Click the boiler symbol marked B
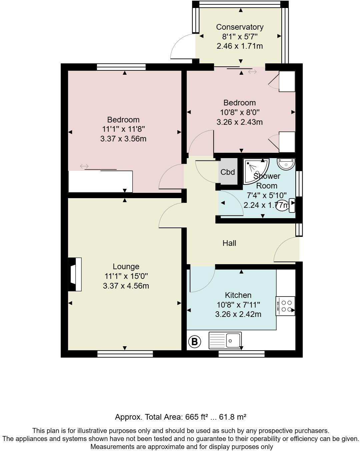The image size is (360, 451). coord(195,342)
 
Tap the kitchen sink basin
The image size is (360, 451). coord(233,340)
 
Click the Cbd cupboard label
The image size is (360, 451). coord(228,172)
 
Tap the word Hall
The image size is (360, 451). coord(229,243)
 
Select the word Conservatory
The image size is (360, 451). coord(240,27)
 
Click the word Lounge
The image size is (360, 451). coord(126,267)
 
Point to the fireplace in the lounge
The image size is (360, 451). coord(75,274)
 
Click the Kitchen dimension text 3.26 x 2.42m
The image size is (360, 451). coord(238,314)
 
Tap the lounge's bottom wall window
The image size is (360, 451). coord(125,354)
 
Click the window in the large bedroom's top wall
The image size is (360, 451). coord(121,67)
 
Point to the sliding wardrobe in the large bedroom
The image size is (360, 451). coord(100,181)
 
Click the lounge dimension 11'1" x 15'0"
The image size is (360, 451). coord(126,276)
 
